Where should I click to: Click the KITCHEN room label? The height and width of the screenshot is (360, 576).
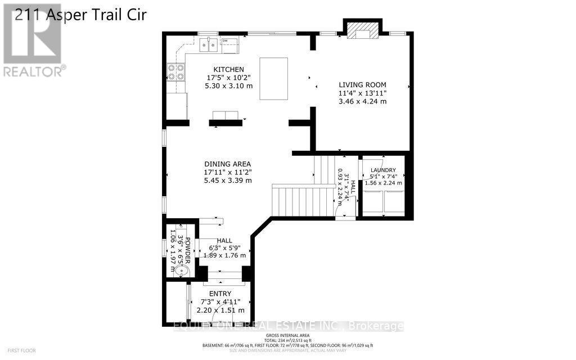[217, 69]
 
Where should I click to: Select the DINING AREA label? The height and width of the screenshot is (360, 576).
[227, 164]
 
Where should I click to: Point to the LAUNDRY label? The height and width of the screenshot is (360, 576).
[382, 170]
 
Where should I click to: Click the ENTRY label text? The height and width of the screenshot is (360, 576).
[220, 294]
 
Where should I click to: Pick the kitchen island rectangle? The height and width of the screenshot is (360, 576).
[273, 79]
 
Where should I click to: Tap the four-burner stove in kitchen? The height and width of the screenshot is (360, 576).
[175, 72]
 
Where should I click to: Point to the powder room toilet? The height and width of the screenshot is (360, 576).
[181, 271]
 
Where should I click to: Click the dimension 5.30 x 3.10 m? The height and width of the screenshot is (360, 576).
[228, 86]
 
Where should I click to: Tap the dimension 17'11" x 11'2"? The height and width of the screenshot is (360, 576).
[227, 173]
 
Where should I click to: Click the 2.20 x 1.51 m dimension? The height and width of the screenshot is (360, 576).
[220, 310]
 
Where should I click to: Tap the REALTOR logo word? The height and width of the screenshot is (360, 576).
[33, 71]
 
